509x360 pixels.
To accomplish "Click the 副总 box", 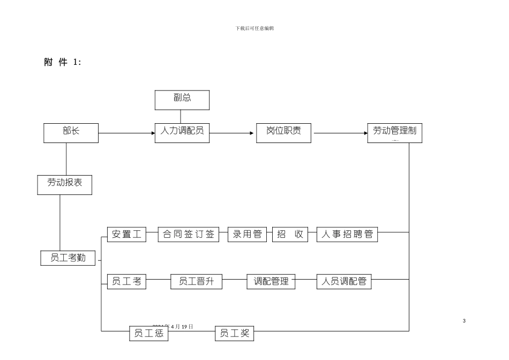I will (x=182, y=100).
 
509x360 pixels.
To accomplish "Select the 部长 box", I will (x=71, y=132).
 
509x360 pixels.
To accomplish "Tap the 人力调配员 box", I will (x=182, y=132).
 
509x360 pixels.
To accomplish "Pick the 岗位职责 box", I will (x=282, y=132).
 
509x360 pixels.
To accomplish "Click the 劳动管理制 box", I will (x=395, y=132).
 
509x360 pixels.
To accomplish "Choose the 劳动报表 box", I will (x=64, y=184).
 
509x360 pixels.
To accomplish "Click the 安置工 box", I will (x=126, y=234).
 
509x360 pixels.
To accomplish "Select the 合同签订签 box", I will (x=189, y=234).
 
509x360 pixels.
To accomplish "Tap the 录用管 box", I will (x=247, y=234).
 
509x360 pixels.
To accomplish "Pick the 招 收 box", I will (x=290, y=234).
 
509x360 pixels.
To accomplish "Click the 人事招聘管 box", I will (x=348, y=234).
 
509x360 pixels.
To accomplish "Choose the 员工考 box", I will (x=126, y=281).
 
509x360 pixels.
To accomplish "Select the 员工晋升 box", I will (x=196, y=281).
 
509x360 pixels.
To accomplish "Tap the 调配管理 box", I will (x=271, y=281).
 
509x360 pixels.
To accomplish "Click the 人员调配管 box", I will (x=344, y=281).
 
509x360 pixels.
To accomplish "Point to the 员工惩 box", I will (x=148, y=333).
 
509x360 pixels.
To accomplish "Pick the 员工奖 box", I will (x=234, y=333).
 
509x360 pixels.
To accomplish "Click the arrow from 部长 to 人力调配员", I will (x=126, y=133).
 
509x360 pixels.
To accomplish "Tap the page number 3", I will (x=464, y=320).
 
